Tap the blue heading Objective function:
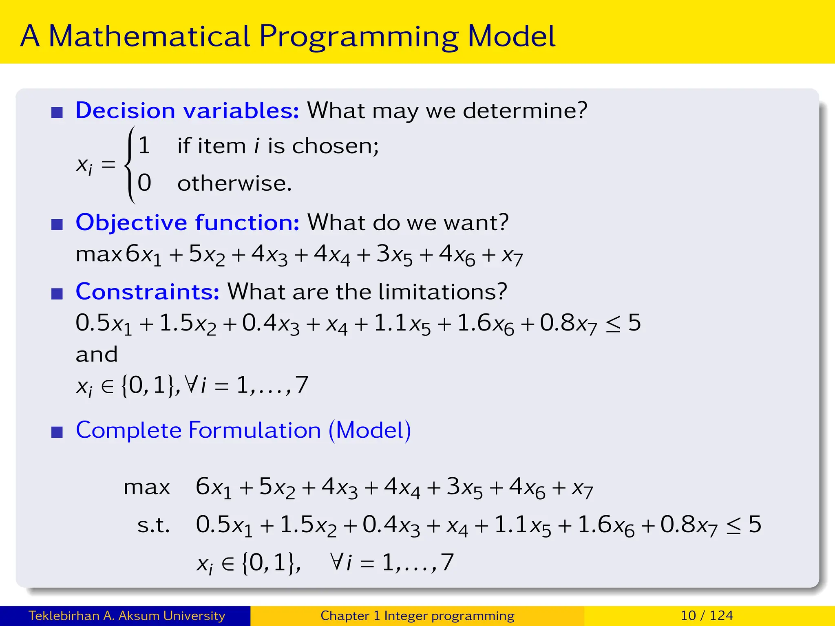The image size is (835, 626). pos(188,223)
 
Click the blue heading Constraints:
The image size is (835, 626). pos(148,292)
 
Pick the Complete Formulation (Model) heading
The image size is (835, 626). pos(243,430)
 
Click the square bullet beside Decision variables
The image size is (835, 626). pos(57,112)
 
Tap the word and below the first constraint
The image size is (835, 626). pos(97,355)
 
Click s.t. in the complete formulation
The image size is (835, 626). pos(153,525)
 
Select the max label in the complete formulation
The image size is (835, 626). pos(147,487)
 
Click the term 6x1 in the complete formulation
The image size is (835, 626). pos(213,487)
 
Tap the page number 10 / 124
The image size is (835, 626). pos(707,616)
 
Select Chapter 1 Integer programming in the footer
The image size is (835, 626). pos(417,616)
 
